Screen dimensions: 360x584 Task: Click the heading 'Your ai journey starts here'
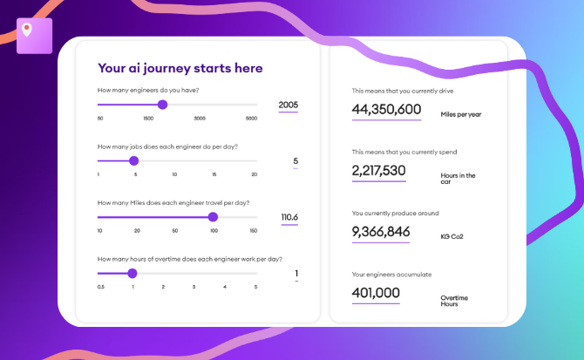[180, 68]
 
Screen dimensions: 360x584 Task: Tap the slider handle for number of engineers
[162, 105]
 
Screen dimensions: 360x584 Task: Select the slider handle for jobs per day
[133, 160]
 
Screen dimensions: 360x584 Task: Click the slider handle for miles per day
[213, 217]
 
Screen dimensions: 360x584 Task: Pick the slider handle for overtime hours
[132, 273]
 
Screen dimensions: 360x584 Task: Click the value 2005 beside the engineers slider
[289, 105]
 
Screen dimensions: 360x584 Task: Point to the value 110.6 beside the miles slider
[289, 217]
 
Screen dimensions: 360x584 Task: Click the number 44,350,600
[386, 109]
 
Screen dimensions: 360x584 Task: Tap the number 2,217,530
[378, 170]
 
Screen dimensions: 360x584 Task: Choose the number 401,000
[375, 293]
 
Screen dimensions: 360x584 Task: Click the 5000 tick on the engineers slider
[251, 119]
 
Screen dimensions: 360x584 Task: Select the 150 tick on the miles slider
[253, 231]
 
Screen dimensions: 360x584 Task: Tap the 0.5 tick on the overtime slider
[101, 287]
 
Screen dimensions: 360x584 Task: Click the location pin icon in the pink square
[27, 30]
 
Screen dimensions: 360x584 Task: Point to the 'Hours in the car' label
[458, 179]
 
